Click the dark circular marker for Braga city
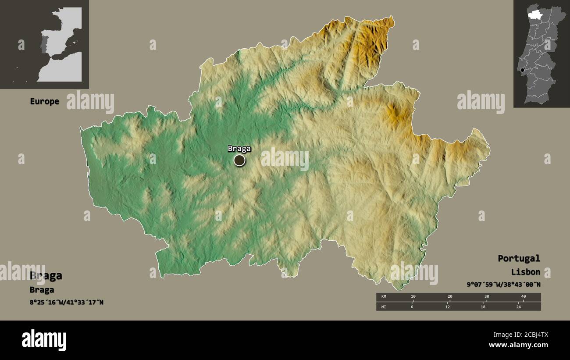point(239,160)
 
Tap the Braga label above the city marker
point(239,149)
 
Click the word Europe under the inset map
point(44,101)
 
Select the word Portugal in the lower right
point(519,258)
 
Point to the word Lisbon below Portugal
point(525,272)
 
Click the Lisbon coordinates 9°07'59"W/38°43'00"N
point(503,285)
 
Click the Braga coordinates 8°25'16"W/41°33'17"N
point(67,302)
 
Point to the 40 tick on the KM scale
point(523,297)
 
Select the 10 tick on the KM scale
point(413,297)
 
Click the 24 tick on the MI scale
point(518,307)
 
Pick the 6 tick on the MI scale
point(412,307)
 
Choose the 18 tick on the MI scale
point(483,307)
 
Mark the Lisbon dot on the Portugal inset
point(522,70)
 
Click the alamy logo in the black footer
point(44,340)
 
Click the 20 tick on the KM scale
point(449,297)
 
